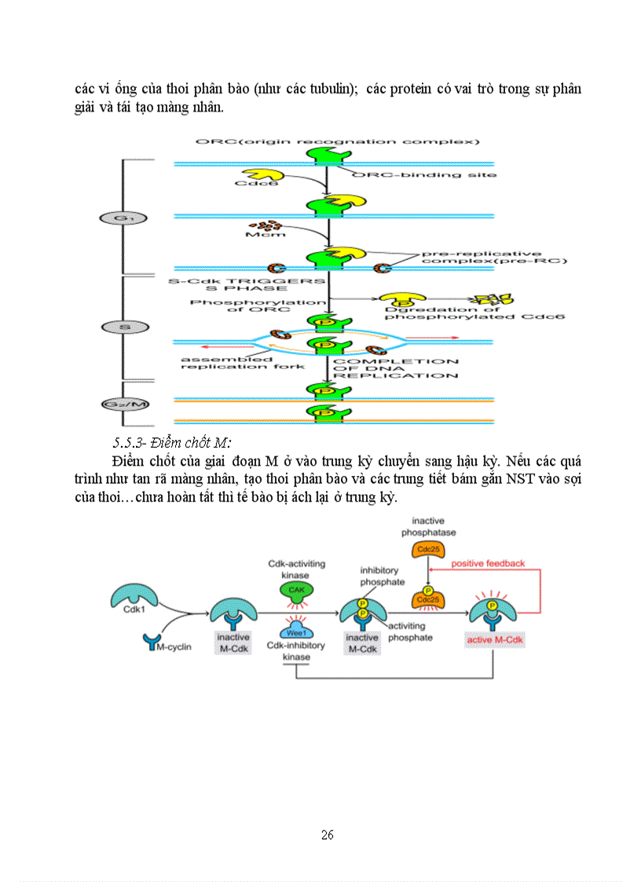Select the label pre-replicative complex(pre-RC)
pos(481,257)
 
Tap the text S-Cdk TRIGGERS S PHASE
pos(245,284)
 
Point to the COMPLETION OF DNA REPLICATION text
pos(396,368)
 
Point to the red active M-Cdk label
pos(495,640)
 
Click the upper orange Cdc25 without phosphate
pos(429,549)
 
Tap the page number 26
pos(328,835)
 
